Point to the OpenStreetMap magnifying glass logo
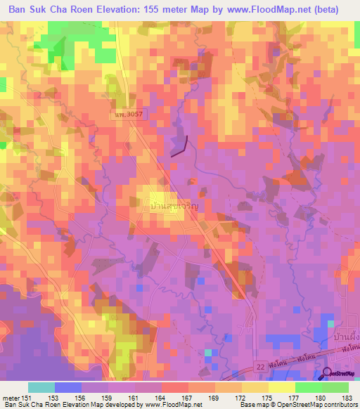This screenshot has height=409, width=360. coord(328,373)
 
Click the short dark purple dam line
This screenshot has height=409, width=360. coord(180,146)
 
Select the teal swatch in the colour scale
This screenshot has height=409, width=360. coord(41,387)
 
